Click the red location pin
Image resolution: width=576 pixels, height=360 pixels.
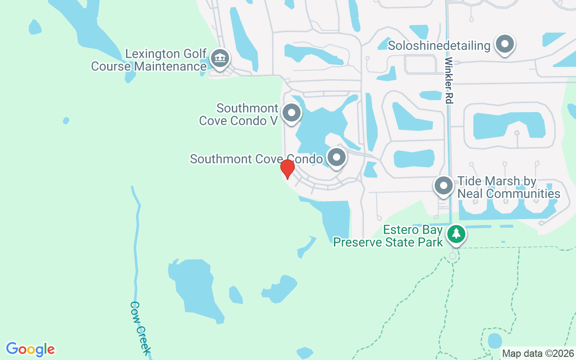tap(287, 169)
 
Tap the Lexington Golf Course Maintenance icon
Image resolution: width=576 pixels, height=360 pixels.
tap(220, 58)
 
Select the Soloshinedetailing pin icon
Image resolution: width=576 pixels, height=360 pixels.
tap(504, 45)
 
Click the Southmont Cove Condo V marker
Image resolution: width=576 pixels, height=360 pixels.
tap(292, 112)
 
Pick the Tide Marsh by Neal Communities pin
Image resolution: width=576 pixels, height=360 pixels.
tap(444, 185)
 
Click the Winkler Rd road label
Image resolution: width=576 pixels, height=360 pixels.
tap(448, 80)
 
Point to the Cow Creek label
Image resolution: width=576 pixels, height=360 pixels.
tap(140, 328)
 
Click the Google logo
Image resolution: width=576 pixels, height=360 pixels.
tap(30, 349)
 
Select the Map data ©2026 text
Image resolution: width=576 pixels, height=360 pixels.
tap(538, 354)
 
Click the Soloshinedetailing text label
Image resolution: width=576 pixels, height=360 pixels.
tap(439, 45)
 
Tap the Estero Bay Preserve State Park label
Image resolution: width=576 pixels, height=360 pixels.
tap(388, 236)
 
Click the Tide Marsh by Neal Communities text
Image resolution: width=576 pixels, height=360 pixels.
tap(508, 188)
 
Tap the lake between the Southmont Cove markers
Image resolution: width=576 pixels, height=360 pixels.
tap(319, 130)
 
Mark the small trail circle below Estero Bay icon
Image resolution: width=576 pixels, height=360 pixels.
tap(453, 256)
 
